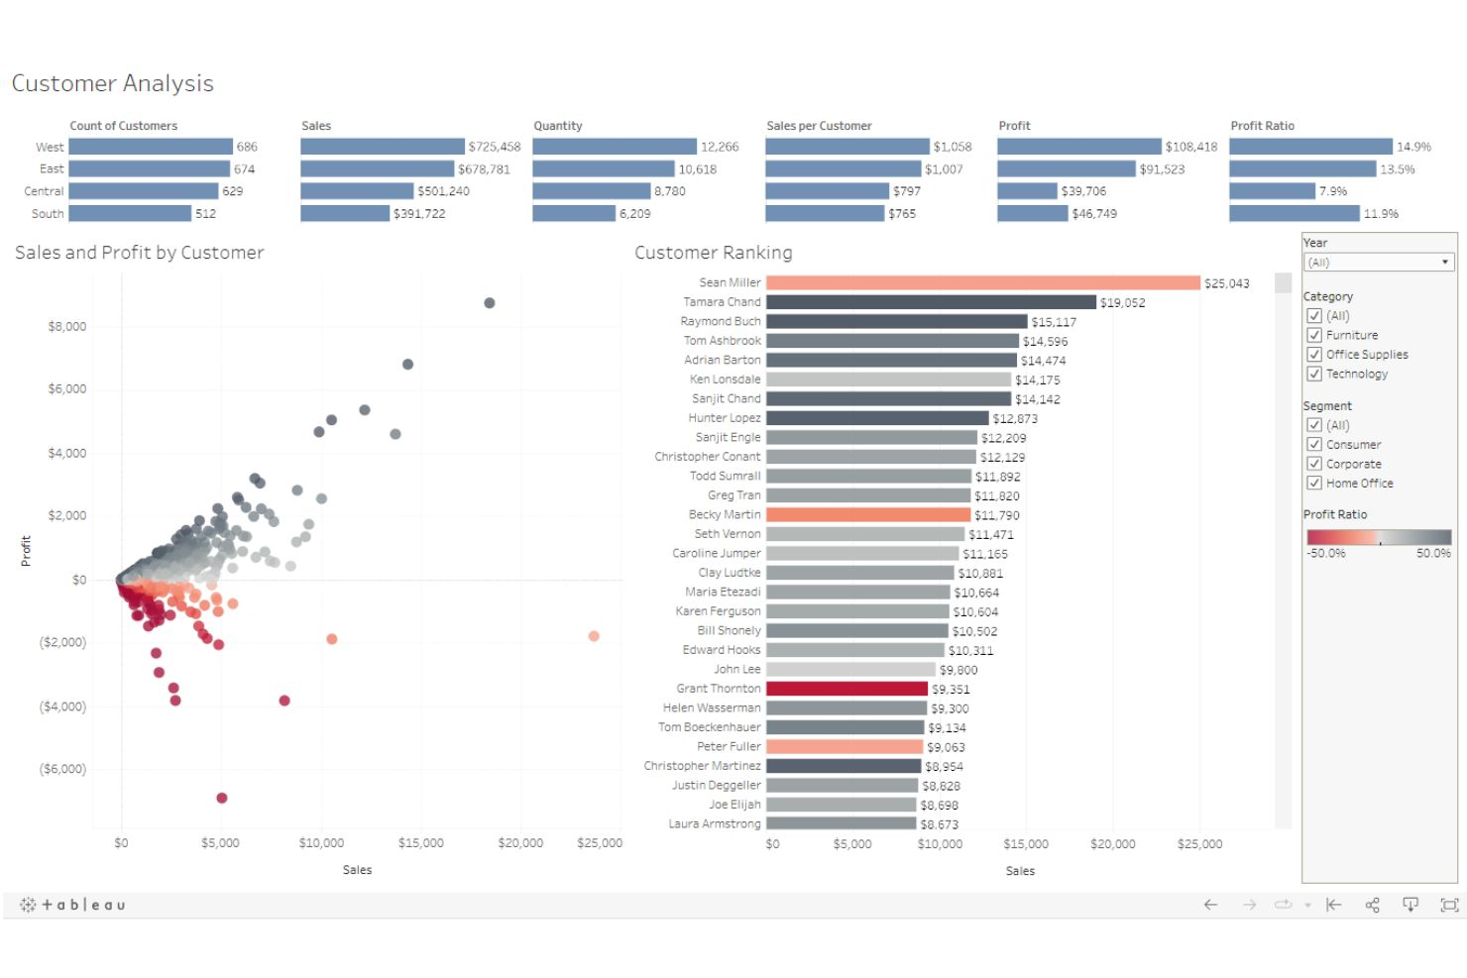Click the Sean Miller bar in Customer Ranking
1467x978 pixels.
coord(982,283)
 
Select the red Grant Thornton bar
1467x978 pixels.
coord(846,689)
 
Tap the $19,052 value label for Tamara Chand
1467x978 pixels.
coord(1122,303)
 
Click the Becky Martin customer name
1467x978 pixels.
coord(725,515)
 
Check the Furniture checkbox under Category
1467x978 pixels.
coord(1314,336)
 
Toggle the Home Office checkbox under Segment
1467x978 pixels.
coord(1314,484)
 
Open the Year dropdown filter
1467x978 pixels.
coord(1378,263)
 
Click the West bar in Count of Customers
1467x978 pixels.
coord(151,147)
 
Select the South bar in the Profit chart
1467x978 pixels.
coord(1032,214)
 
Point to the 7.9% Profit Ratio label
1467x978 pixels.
coord(1332,191)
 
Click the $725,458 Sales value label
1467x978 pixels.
coord(494,147)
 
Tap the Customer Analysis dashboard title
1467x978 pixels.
coord(113,84)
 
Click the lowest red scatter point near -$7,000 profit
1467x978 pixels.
coord(222,798)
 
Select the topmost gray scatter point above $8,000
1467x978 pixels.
coord(490,303)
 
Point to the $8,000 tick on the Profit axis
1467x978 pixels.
coord(66,327)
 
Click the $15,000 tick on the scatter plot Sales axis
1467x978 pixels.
coord(420,843)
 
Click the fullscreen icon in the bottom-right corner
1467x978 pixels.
coord(1449,905)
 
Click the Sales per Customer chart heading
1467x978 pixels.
coord(819,126)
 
